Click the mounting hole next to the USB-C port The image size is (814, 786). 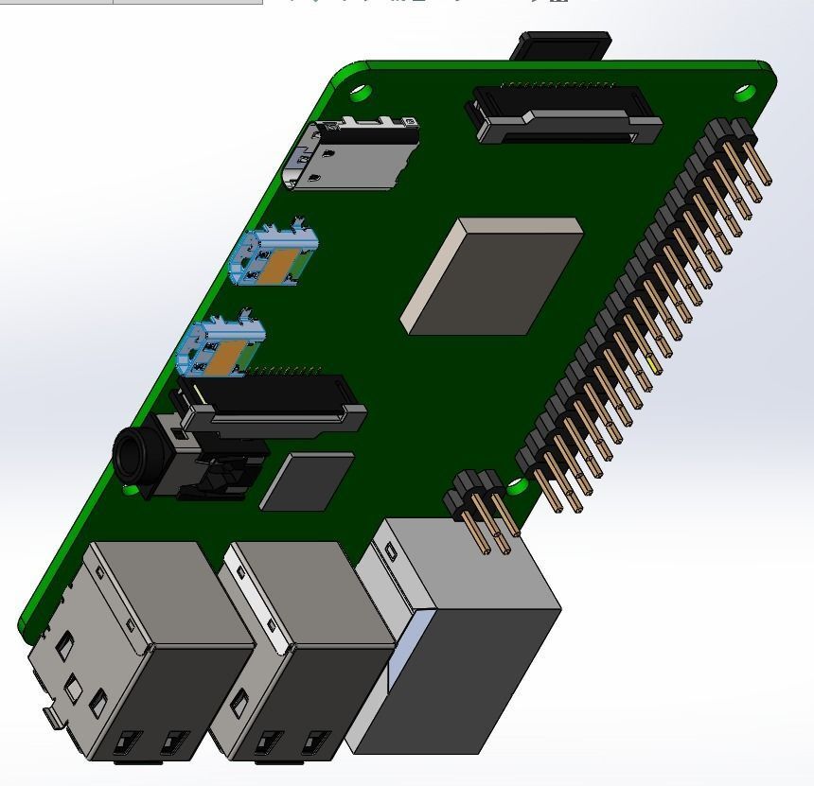[x=361, y=93]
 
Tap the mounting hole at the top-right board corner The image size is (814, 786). [x=745, y=93]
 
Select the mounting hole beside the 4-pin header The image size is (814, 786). [x=517, y=487]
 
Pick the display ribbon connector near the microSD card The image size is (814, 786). [x=564, y=114]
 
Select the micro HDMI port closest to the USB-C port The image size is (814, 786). [x=274, y=256]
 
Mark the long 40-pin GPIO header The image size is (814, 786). [x=644, y=312]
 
